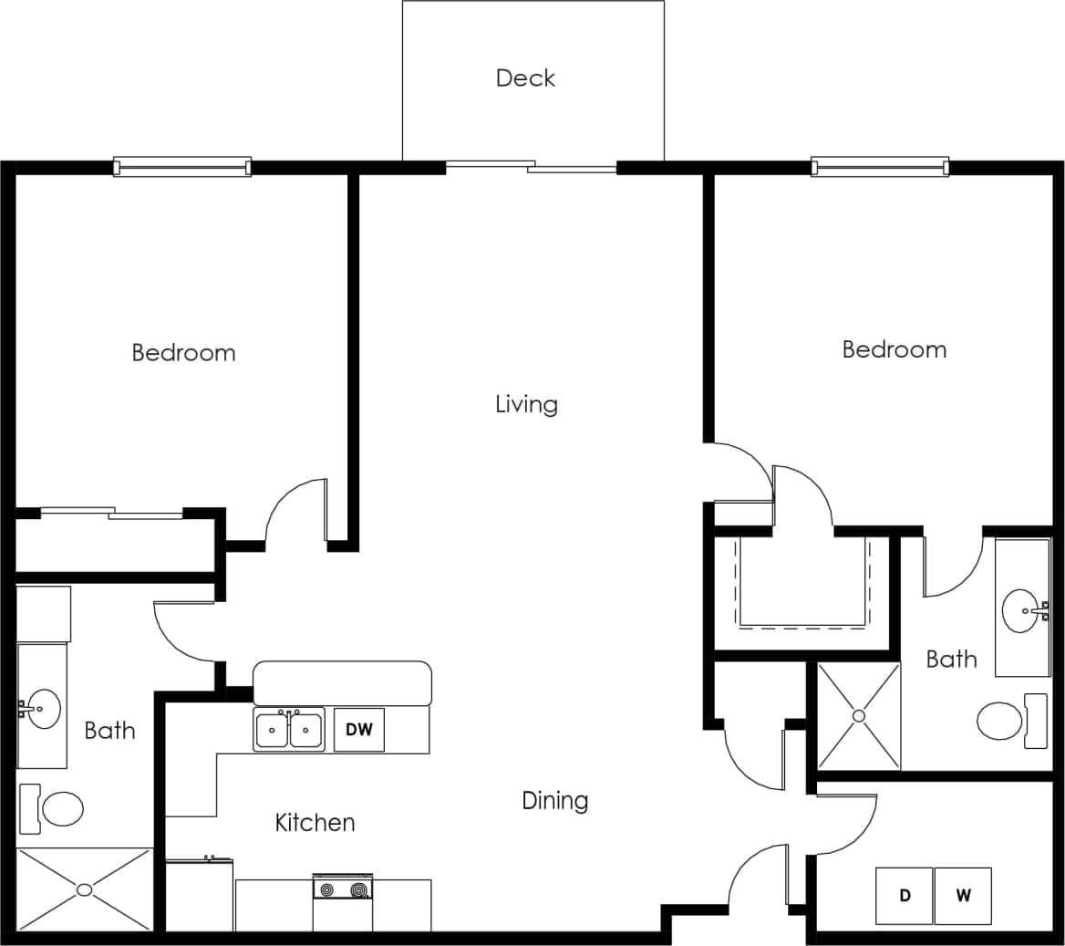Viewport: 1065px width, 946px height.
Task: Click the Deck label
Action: click(x=525, y=78)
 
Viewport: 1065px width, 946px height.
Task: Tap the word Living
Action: click(x=526, y=404)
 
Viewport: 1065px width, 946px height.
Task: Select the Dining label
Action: click(x=554, y=801)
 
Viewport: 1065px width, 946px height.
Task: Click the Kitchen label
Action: click(x=315, y=823)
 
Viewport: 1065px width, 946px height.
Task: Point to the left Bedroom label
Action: click(x=183, y=353)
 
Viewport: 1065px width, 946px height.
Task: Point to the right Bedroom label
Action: click(x=894, y=349)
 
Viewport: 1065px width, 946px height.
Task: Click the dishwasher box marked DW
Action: click(x=358, y=730)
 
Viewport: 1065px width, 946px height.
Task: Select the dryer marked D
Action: click(x=905, y=896)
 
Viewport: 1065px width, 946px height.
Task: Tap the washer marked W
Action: click(x=963, y=896)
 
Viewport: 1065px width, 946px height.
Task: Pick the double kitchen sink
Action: click(x=288, y=730)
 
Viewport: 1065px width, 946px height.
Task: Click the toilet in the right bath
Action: click(x=1001, y=721)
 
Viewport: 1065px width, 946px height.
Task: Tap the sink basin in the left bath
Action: click(x=42, y=708)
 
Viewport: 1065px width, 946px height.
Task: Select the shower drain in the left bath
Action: click(x=85, y=889)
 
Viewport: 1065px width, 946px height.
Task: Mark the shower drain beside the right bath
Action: click(x=858, y=716)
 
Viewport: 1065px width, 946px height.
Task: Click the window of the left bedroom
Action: click(x=182, y=167)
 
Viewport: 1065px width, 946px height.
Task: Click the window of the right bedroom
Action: click(x=880, y=167)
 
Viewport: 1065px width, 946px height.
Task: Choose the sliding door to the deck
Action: click(x=532, y=167)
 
